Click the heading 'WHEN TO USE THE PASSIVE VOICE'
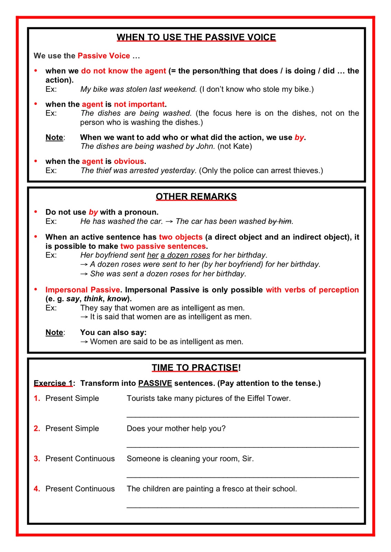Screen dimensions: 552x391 (196, 37)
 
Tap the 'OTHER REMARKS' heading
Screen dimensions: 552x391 (196, 197)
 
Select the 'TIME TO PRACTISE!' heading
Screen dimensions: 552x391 (196, 368)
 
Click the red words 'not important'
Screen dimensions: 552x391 (139, 104)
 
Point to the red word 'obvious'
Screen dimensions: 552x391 (129, 161)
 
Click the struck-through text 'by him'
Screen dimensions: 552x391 (280, 221)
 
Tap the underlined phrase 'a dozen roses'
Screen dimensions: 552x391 (185, 255)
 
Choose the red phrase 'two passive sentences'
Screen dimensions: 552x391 (163, 246)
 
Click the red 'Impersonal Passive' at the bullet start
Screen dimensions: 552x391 (83, 290)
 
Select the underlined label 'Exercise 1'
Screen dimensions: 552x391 (53, 383)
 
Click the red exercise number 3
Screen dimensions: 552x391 (37, 459)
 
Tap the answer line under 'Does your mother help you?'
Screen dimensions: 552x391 (242, 447)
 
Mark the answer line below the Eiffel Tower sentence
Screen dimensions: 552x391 (242, 417)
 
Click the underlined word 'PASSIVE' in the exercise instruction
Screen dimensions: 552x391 (155, 383)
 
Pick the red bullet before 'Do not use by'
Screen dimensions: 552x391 (36, 212)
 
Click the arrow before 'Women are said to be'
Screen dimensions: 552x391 (84, 342)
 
